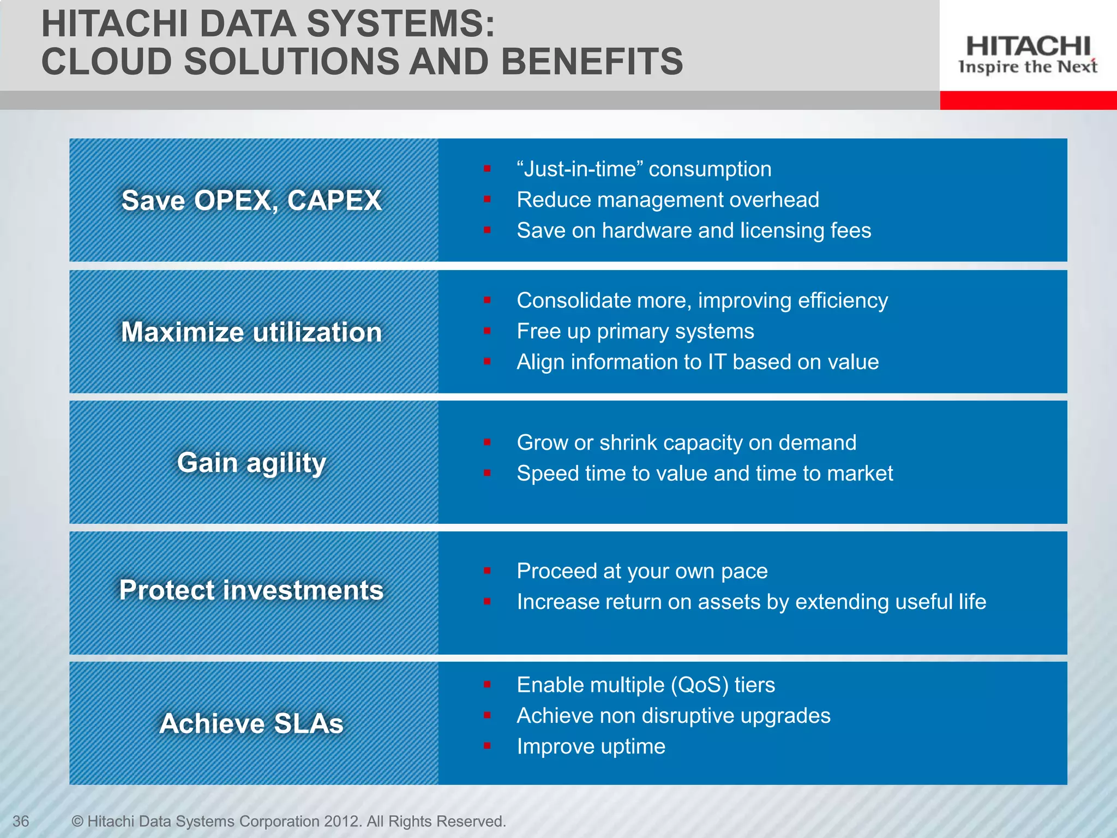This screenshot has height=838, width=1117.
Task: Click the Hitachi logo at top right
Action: tap(1028, 54)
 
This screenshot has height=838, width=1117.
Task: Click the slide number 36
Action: tap(21, 821)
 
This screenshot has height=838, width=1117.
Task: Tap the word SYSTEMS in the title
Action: tap(400, 25)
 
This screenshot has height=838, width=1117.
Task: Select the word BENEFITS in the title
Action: tap(592, 61)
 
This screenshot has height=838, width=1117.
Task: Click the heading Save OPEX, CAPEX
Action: tap(251, 200)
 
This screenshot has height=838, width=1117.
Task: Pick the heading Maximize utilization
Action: tap(251, 332)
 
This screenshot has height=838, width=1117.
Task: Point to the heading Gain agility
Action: tap(251, 463)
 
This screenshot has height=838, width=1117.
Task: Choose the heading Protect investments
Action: tap(251, 590)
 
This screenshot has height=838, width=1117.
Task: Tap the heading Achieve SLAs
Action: tap(251, 723)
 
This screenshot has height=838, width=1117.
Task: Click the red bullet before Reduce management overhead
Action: tap(487, 200)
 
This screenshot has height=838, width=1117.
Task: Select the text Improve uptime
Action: tap(591, 746)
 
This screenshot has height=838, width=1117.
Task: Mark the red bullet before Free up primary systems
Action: tap(487, 331)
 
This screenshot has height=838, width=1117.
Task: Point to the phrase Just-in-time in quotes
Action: tap(579, 169)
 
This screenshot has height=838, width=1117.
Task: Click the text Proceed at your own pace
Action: tap(642, 571)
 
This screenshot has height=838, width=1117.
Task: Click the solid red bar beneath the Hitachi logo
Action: tap(1028, 100)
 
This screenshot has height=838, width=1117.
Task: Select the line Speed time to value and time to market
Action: tap(705, 474)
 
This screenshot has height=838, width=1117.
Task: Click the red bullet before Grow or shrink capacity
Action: tap(487, 442)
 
